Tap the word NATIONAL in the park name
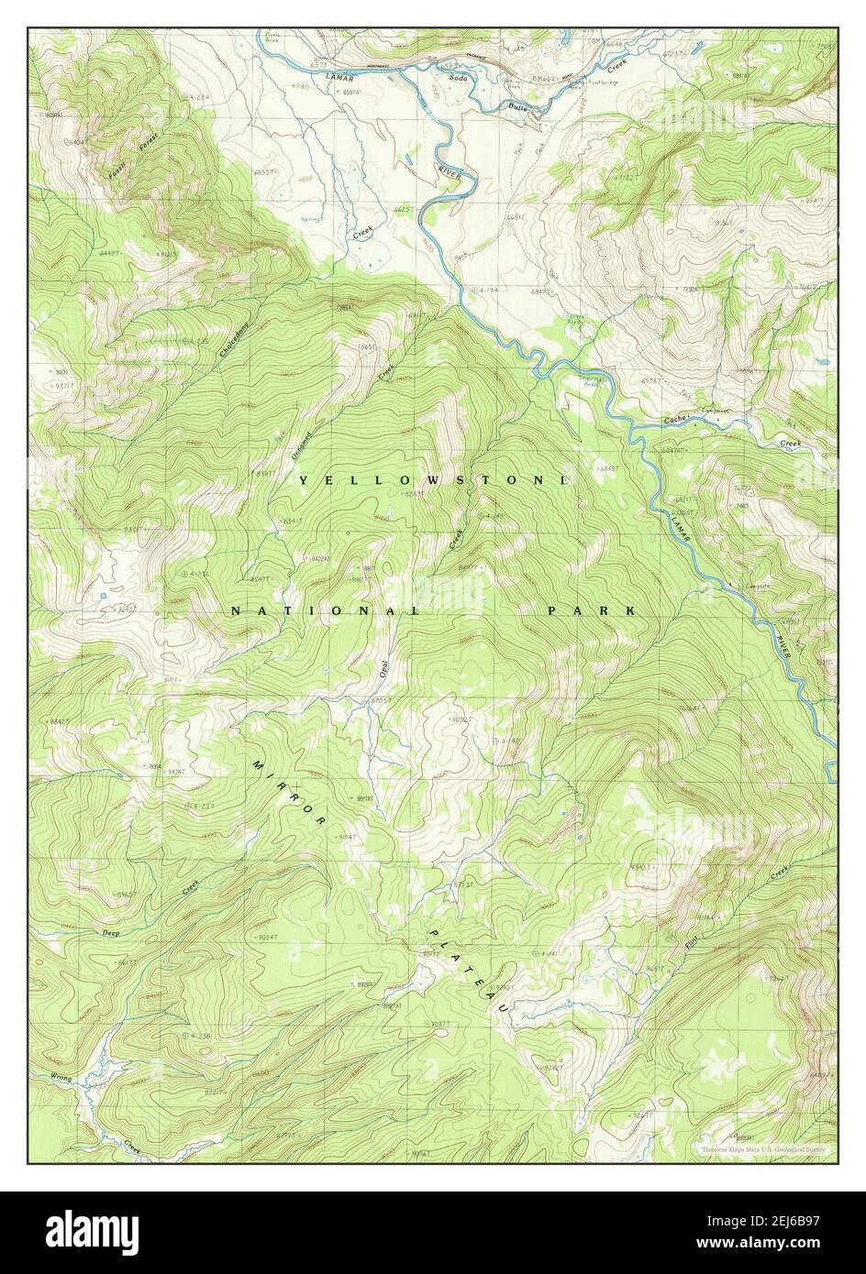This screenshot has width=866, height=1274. click(326, 610)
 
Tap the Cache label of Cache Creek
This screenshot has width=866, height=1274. click(677, 420)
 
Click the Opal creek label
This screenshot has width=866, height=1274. click(384, 669)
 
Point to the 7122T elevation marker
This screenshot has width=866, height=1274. click(624, 176)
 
